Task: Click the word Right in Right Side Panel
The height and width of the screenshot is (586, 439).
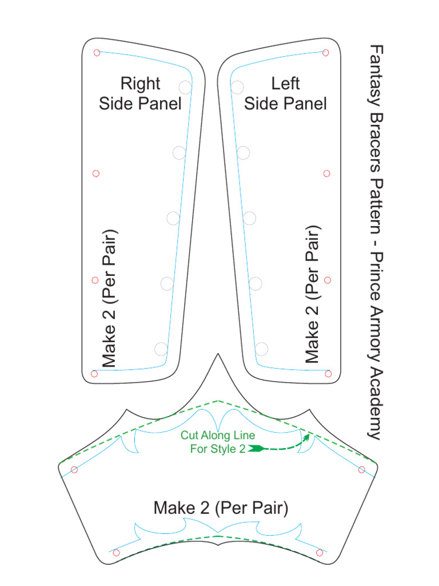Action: (140, 84)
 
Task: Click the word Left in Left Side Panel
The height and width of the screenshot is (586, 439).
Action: (285, 84)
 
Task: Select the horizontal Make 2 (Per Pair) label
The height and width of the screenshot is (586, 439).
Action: (221, 508)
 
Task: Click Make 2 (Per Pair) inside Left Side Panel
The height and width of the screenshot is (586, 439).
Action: (312, 294)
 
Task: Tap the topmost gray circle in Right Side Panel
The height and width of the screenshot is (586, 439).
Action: (185, 87)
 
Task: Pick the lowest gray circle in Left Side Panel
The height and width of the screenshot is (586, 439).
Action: (261, 349)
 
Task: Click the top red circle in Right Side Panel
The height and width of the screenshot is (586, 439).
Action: (97, 53)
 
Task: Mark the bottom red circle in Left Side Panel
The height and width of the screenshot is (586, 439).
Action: (328, 374)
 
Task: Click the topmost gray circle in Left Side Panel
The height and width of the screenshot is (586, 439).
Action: (237, 87)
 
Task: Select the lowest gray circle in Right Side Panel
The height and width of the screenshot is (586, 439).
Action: (161, 349)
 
